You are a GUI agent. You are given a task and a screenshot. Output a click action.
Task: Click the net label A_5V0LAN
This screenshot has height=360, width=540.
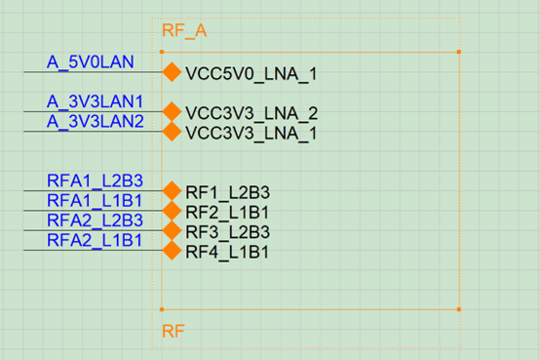pos(91,62)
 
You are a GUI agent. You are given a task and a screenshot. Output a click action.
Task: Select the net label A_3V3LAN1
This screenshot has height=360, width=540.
pos(96,101)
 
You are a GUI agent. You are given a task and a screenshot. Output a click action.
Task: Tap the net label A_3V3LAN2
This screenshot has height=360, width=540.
pos(96,121)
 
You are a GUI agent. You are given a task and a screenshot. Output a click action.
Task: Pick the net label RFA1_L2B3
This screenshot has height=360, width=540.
pos(96,180)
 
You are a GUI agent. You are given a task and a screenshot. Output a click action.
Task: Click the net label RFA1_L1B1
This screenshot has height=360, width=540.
pos(96,201)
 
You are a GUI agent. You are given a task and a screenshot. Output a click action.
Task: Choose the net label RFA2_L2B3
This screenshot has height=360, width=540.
pos(96,220)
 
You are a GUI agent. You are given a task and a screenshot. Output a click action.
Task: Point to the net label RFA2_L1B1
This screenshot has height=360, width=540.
pos(96,240)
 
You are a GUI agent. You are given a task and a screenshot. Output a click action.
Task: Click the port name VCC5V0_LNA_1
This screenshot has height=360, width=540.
pos(251,73)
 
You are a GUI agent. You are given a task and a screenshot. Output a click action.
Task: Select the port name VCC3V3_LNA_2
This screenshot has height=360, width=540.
pos(251,113)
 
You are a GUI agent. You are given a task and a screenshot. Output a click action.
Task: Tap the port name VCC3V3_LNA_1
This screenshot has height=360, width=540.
pos(251,133)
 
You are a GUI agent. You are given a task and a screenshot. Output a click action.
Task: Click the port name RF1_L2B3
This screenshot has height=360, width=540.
pos(227,192)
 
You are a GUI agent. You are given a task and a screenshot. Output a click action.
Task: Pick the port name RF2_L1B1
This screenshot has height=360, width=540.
pos(227,212)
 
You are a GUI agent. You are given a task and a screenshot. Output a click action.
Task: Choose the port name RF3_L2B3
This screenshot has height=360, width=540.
pos(227,232)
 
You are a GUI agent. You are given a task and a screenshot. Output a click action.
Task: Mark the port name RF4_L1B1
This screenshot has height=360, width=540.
pos(227,252)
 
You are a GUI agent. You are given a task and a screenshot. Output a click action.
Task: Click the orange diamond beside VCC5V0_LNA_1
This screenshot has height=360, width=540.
pos(172,72)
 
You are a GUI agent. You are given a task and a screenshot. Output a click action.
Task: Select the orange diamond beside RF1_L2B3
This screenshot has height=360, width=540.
pos(172,191)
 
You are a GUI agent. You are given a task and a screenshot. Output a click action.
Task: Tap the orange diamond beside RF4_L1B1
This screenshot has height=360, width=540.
pos(172,251)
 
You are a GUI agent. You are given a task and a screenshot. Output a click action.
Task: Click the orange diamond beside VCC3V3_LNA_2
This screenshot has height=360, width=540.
pos(172,111)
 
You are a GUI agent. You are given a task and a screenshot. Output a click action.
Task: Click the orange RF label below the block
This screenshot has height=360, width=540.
pos(173,332)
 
